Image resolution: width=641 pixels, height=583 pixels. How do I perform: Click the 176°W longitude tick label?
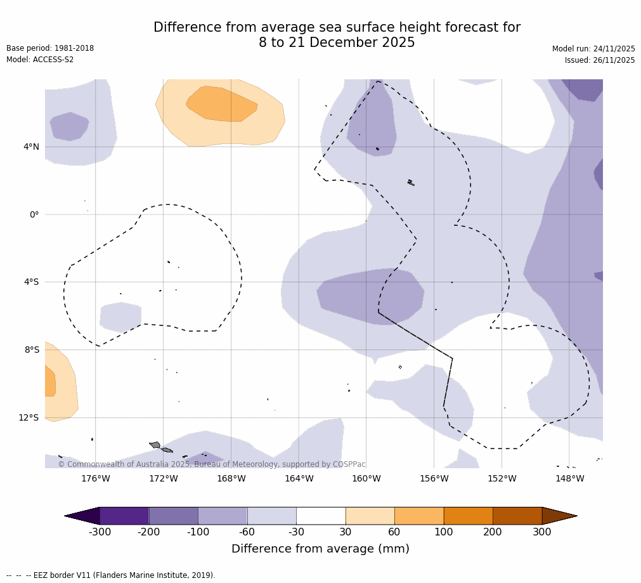click(96, 478)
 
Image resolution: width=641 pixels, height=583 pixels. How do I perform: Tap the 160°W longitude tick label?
click(366, 478)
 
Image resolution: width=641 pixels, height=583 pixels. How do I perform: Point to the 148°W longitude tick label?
click(569, 478)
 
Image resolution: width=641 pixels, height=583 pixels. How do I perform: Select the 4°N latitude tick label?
click(31, 147)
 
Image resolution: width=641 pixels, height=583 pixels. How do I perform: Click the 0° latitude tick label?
click(34, 214)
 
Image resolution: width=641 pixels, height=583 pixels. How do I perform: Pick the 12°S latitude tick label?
click(29, 417)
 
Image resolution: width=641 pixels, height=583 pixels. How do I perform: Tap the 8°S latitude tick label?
click(31, 350)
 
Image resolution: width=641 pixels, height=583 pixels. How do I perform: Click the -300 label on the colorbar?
click(100, 532)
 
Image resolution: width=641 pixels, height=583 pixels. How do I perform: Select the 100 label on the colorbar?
click(444, 532)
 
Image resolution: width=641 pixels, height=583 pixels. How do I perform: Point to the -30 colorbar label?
click(296, 532)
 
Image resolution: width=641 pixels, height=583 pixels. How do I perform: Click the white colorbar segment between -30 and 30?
click(321, 516)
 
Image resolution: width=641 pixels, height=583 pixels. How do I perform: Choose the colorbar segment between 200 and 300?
click(517, 516)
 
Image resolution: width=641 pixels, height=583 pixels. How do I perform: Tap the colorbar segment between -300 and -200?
click(124, 516)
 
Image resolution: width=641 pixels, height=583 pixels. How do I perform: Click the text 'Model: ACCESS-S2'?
click(40, 60)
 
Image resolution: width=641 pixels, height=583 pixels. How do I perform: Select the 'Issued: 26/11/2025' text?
click(600, 60)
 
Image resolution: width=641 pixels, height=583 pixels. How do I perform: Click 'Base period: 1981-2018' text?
click(50, 48)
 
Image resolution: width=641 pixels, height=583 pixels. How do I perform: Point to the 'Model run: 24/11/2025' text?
click(593, 49)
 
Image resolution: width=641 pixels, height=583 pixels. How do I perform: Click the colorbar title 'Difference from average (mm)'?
click(320, 549)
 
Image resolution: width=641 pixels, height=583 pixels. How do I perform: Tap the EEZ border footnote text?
click(111, 575)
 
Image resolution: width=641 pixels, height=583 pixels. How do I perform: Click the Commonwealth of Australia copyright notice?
click(212, 464)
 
